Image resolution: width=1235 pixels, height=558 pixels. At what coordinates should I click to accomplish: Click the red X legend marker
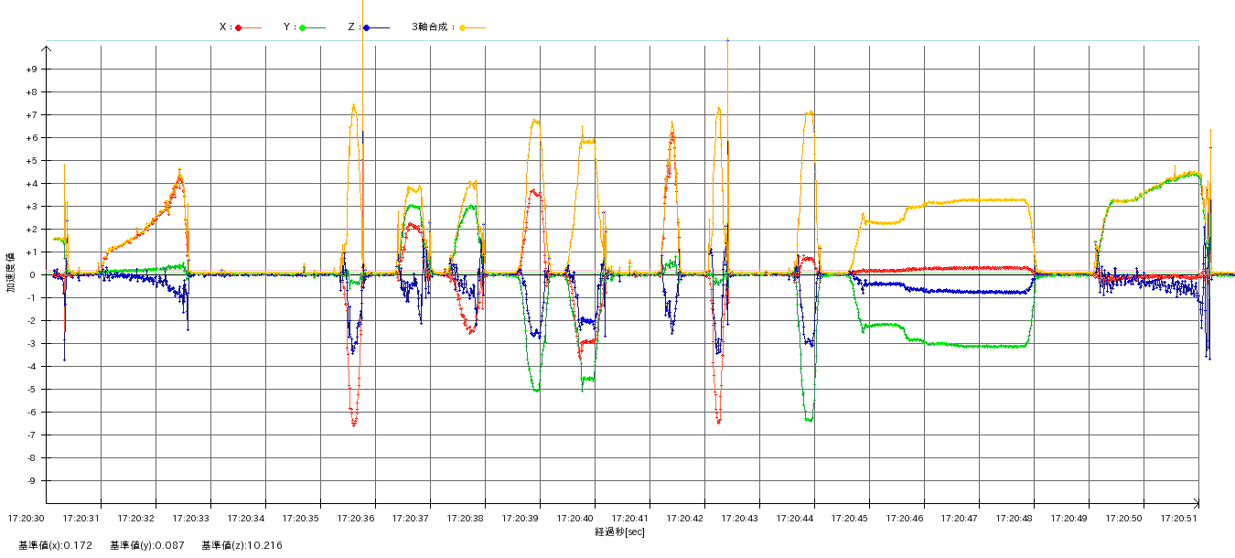coord(239,27)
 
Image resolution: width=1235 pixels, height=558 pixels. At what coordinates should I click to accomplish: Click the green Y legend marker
coord(303,27)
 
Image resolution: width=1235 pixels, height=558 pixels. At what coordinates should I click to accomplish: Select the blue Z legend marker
coord(367,27)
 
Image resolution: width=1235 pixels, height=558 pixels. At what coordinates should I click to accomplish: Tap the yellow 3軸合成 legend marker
coord(463,27)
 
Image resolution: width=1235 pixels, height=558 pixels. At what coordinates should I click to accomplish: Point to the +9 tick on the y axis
coord(31,69)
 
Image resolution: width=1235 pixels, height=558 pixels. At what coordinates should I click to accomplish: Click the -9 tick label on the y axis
coord(31,480)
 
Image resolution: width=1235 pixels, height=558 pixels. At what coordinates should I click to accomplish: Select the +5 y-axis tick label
coord(31,160)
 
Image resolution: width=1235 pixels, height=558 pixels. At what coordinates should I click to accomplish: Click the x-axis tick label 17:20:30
coord(27,519)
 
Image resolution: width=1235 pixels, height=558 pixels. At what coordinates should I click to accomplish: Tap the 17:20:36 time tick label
coord(356,519)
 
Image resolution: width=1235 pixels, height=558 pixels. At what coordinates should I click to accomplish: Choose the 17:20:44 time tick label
coord(795,519)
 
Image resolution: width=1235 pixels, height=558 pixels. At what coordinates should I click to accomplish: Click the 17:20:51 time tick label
coord(1179,519)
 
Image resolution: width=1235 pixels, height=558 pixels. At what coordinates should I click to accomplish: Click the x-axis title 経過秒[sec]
coord(619,531)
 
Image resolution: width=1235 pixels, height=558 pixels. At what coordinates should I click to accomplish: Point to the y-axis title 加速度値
coord(11,273)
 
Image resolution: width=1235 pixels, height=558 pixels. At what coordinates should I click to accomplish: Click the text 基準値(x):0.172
coord(55,546)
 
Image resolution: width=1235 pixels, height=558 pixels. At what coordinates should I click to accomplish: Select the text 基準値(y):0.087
coord(146,546)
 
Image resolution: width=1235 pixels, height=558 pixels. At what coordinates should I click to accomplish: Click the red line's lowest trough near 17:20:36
coord(354,424)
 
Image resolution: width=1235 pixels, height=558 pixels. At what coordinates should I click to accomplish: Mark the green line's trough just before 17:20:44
coord(810,420)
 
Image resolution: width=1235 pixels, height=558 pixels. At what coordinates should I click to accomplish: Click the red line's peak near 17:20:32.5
coord(180,173)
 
